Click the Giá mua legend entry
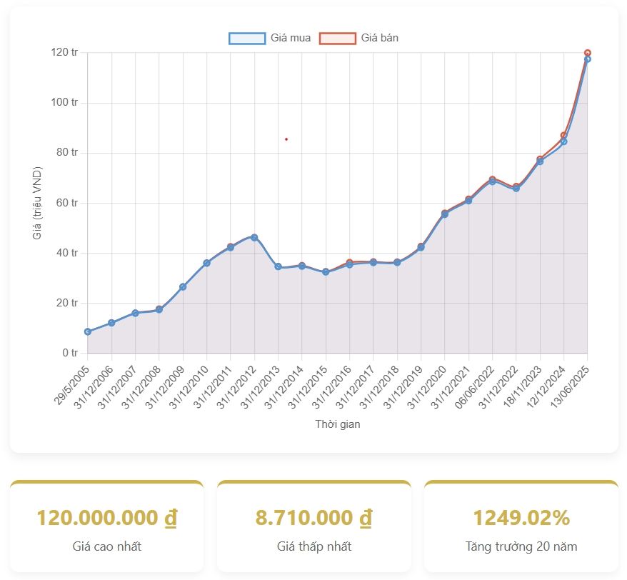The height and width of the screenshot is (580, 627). pyautogui.click(x=270, y=38)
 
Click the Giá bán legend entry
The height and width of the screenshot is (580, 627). pyautogui.click(x=359, y=38)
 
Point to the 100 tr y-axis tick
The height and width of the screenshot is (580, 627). pyautogui.click(x=64, y=102)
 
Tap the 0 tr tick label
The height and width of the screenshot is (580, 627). pyautogui.click(x=70, y=353)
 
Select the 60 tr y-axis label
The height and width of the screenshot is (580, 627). pyautogui.click(x=67, y=203)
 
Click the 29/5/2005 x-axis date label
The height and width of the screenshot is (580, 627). pyautogui.click(x=72, y=385)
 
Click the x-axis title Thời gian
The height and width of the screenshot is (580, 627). pyautogui.click(x=338, y=424)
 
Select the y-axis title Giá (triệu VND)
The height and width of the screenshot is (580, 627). pyautogui.click(x=37, y=203)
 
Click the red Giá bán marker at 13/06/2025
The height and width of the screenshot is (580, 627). pyautogui.click(x=588, y=53)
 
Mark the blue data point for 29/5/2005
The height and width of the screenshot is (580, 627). pyautogui.click(x=88, y=331)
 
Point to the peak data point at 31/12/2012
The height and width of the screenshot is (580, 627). pyautogui.click(x=254, y=237)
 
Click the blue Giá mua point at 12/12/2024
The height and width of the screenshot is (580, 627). pyautogui.click(x=564, y=141)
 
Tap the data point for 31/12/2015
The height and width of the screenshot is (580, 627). pyautogui.click(x=326, y=271)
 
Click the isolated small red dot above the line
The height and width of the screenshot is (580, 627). pyautogui.click(x=286, y=139)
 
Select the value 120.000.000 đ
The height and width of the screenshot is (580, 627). pyautogui.click(x=107, y=518)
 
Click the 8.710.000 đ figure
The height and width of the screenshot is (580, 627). pyautogui.click(x=314, y=518)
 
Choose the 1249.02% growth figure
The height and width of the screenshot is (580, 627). pyautogui.click(x=521, y=518)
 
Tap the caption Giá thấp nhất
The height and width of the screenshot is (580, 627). pyautogui.click(x=314, y=546)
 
